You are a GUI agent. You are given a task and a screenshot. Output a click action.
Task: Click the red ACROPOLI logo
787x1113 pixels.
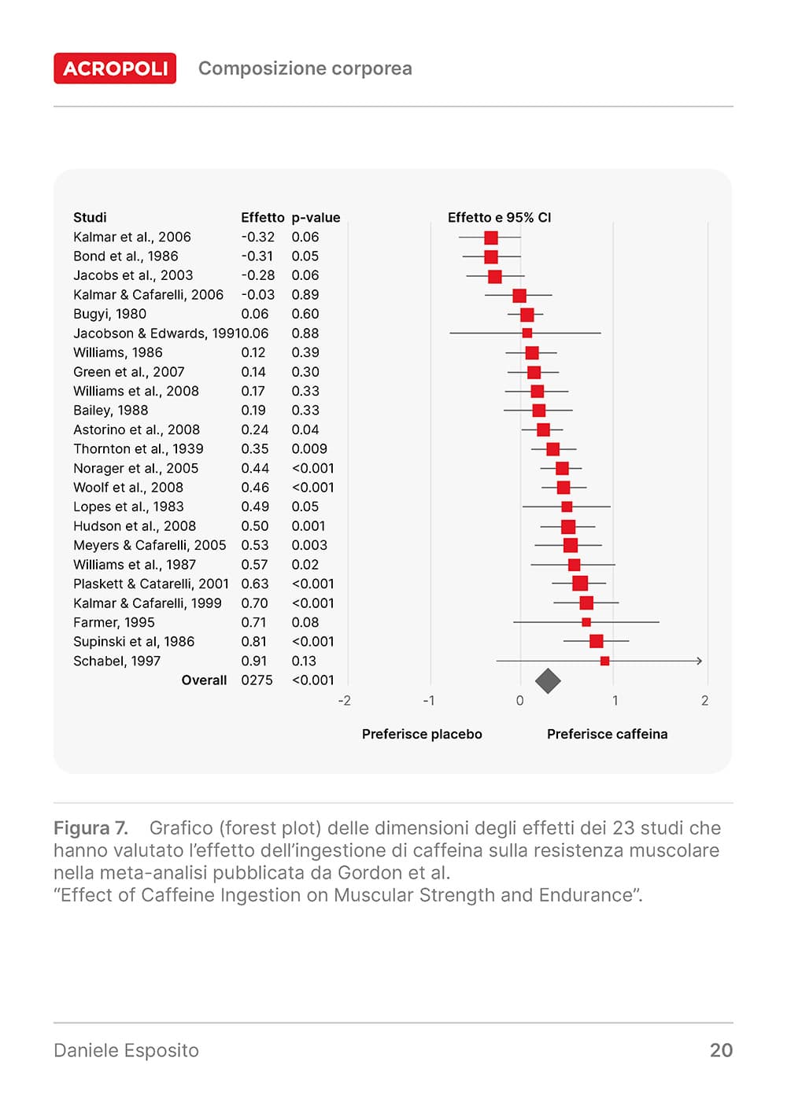[x=115, y=68]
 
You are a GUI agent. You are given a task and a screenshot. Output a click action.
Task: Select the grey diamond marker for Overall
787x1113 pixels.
[x=548, y=680]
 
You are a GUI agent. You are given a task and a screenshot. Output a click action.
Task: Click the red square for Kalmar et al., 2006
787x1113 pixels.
[x=491, y=238]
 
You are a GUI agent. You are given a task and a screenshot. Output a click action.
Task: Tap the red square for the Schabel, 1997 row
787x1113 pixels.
[x=604, y=661]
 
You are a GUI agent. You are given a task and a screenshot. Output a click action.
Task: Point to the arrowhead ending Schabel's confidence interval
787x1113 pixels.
[x=698, y=661]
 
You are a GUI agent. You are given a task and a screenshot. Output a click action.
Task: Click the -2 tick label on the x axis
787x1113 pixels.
[x=345, y=701]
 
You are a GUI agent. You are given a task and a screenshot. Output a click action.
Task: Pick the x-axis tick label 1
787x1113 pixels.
[x=615, y=701]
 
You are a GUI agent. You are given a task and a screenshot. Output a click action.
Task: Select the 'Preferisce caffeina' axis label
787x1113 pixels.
[x=607, y=734]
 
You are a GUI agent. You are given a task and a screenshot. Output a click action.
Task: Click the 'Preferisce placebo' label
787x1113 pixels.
[x=422, y=734]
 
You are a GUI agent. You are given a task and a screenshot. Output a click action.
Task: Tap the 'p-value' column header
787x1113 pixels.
[x=316, y=218]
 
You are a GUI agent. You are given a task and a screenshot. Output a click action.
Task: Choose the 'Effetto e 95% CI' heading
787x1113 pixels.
[x=499, y=218]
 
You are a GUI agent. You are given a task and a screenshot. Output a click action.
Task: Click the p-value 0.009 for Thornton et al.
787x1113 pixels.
[x=309, y=449]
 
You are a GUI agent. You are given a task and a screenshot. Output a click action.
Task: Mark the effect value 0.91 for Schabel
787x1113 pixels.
[x=253, y=662]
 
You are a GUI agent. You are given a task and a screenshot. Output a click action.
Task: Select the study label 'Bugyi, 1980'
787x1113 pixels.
[x=109, y=314]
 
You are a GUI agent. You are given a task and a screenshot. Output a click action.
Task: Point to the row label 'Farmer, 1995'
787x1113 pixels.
[x=113, y=622]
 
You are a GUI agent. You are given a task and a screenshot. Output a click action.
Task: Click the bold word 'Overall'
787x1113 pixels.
[x=204, y=680]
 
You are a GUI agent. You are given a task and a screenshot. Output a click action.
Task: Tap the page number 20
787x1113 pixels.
[x=721, y=1050]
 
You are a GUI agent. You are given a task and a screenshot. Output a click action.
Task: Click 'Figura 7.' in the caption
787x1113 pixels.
[x=91, y=828]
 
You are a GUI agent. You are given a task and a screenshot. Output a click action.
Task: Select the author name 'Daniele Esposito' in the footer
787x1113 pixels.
[x=126, y=1050]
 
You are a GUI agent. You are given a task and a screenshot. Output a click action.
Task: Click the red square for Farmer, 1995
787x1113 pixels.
[x=586, y=622]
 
